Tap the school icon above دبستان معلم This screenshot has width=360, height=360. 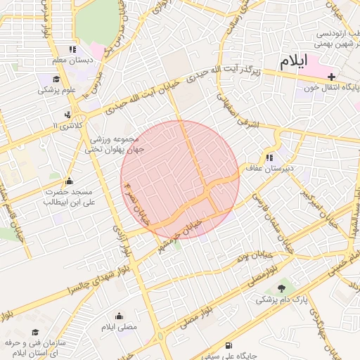(72, 49)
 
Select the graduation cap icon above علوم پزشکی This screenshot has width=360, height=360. (57, 79)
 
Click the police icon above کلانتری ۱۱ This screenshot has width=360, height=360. (67, 114)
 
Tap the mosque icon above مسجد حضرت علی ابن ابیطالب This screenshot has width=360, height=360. (68, 181)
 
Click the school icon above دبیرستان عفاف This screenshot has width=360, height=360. (269, 157)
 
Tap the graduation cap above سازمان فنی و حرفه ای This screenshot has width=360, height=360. (35, 332)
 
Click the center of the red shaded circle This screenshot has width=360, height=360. (180, 179)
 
